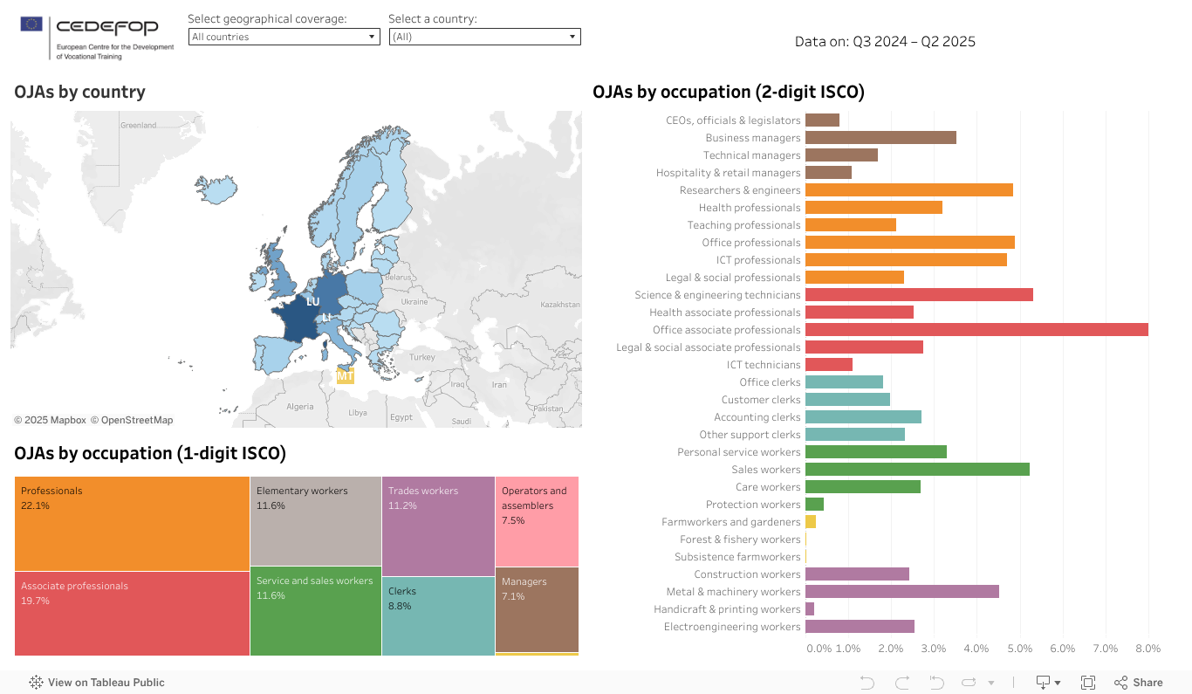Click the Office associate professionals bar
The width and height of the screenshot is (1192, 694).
(x=976, y=330)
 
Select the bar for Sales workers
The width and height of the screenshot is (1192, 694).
(x=916, y=470)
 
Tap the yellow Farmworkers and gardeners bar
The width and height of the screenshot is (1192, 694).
(x=811, y=522)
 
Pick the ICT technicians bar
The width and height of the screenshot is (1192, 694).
(x=828, y=365)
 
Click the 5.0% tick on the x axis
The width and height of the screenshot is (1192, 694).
(x=1019, y=649)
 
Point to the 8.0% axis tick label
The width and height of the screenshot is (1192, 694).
(x=1147, y=649)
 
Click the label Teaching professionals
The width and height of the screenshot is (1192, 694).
(x=743, y=225)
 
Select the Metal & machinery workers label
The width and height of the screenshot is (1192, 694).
(x=733, y=592)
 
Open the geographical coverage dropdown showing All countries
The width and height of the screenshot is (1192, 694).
(x=284, y=37)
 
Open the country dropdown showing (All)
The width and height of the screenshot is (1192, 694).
(x=484, y=37)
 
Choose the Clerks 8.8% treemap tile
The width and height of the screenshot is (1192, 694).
(x=438, y=615)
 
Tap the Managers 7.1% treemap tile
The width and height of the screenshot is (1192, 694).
(x=537, y=609)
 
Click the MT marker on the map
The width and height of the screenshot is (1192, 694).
(x=346, y=377)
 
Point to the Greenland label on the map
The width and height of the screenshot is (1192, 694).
(x=138, y=126)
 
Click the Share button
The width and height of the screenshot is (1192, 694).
(x=1139, y=683)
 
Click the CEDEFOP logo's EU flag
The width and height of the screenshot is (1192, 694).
(x=31, y=24)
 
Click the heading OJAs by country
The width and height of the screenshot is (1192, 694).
(x=79, y=92)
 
